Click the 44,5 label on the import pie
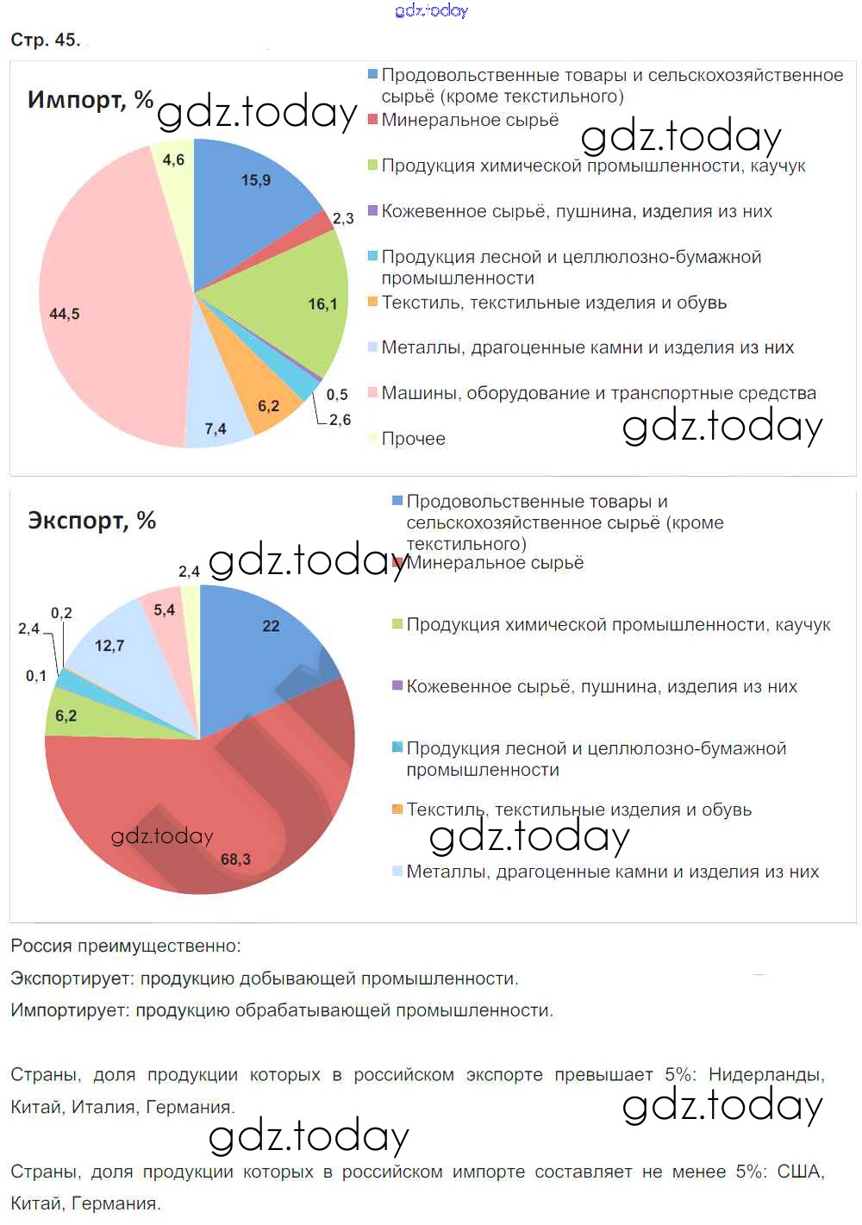pos(65,314)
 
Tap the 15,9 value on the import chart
pos(256,180)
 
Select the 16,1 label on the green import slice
pos(322,304)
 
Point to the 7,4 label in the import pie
pos(215,428)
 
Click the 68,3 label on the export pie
pos(235,859)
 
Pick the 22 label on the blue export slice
pos(271,626)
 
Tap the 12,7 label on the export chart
pos(109,646)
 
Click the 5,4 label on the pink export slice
pos(164,610)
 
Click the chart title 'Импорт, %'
pos(91,100)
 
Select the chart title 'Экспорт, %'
pos(91,521)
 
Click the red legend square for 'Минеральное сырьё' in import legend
pos(372,120)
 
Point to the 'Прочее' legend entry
pos(413,439)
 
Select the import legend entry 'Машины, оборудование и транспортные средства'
pos(598,393)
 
